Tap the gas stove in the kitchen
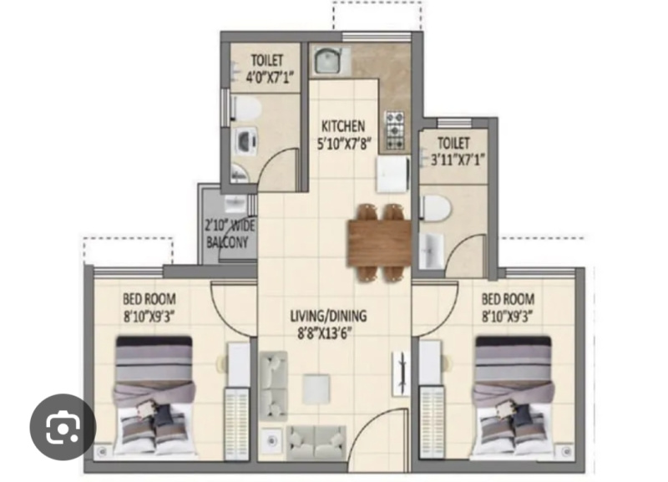coord(395,130)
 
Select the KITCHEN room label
coord(343,126)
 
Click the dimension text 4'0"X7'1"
coord(270,77)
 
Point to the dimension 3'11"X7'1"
coord(458,160)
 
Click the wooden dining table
coord(380,243)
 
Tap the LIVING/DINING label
coord(328,316)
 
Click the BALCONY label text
coord(226,242)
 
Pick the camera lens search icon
coord(63,427)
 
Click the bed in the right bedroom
coord(514,397)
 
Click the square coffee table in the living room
coord(316,389)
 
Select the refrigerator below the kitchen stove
coord(392,175)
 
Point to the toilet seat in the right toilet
coord(435,208)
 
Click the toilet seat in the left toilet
coord(246,108)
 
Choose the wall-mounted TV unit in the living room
coord(401,373)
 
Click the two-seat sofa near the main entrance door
coord(316,443)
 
